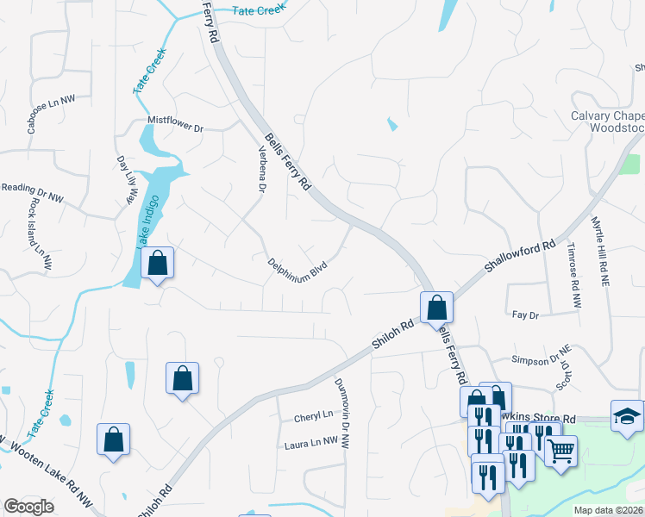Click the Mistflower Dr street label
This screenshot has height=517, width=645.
[175, 128]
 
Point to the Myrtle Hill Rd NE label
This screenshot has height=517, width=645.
[602, 251]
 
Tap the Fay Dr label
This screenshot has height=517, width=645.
[525, 316]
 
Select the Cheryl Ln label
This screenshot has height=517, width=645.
[314, 414]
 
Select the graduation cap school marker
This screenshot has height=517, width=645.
[627, 415]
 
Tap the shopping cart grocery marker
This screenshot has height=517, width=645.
[560, 450]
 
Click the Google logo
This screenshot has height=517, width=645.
[29, 507]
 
